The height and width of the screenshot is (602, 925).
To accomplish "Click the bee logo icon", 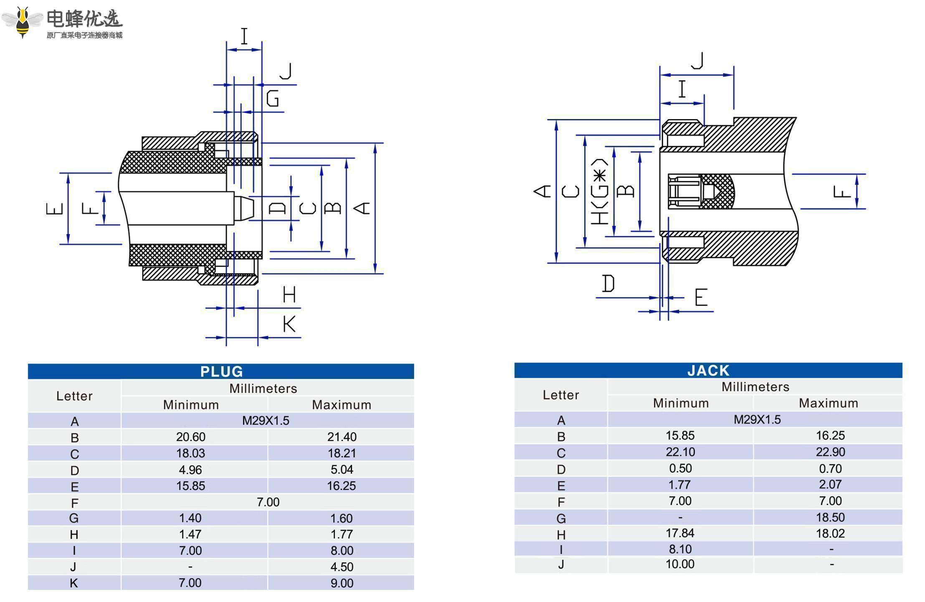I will pos(23,21).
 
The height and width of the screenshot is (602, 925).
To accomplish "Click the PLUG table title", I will pos(221,371).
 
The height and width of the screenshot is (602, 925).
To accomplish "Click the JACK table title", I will pos(708,370).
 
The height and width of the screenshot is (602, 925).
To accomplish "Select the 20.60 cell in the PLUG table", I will pos(190,437).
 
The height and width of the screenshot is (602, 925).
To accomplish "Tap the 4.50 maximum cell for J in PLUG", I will pos(342,567).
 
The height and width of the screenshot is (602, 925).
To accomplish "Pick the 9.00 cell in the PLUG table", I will pos(342,583).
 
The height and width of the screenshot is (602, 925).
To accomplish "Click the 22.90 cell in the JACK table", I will pos(830,452).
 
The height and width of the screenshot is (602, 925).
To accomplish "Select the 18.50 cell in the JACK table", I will pos(830,518).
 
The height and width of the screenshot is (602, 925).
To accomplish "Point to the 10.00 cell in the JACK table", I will pos(680,564).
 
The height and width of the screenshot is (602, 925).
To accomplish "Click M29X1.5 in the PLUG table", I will pos(266,421).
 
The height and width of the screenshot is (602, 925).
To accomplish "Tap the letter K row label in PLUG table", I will pos(74,583).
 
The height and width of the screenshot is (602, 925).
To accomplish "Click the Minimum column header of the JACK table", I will pos(681,403).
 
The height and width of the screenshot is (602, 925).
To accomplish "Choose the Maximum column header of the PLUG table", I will pos(342,405).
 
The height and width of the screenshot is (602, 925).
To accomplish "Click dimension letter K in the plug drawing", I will pos(289,324).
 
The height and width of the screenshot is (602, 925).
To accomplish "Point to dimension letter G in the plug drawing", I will pos(273,99).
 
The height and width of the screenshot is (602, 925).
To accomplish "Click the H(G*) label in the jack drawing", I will pos(599,191).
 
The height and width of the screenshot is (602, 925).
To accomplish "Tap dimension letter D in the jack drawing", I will pos(608,283).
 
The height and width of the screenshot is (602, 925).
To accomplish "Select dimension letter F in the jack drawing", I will pos(841,192).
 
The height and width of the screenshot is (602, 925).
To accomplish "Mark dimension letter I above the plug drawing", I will pos(244,36).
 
